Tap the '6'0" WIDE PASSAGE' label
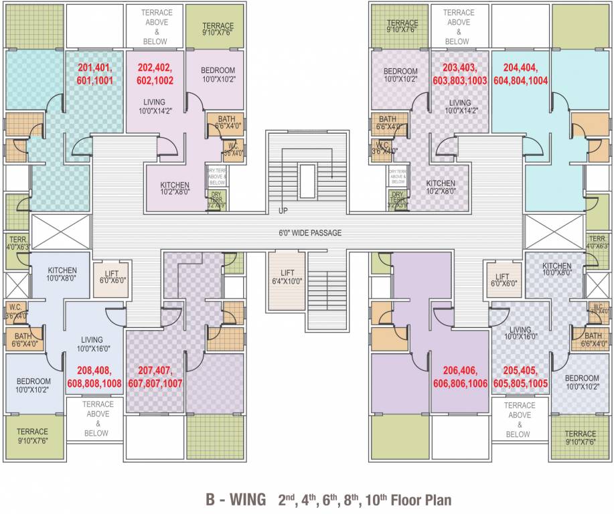pos(311,233)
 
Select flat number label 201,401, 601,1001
pos(95,74)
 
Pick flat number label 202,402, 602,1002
pos(155,74)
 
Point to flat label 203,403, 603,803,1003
pos(459,74)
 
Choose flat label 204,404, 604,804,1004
pos(520,74)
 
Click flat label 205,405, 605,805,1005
pos(520,377)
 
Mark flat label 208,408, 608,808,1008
pos(94,377)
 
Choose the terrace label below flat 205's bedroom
pos(580,438)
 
